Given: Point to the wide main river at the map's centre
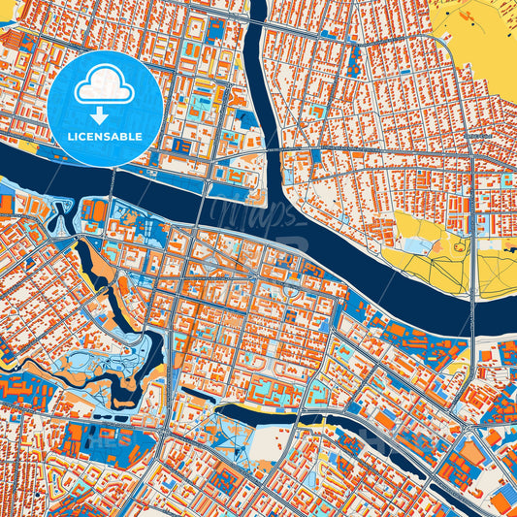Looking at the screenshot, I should click(x=320, y=262).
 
